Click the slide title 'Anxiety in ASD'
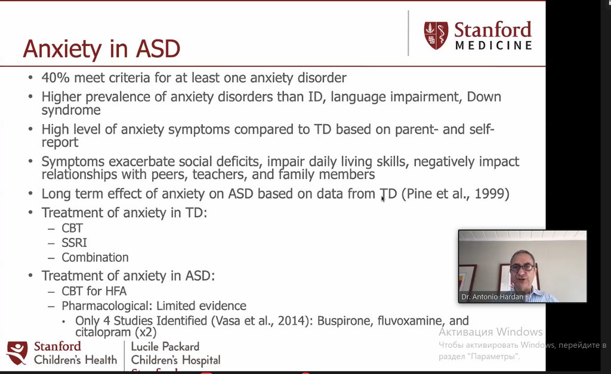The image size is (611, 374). pyautogui.click(x=101, y=49)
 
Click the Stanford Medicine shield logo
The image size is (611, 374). pyautogui.click(x=436, y=35)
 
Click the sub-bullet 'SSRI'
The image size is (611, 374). pyautogui.click(x=74, y=243)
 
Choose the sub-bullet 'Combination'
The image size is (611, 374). pyautogui.click(x=95, y=258)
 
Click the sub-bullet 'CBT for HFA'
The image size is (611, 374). pyautogui.click(x=94, y=291)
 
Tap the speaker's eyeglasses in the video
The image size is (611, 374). pyautogui.click(x=521, y=268)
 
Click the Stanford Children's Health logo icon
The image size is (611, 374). pyautogui.click(x=17, y=353)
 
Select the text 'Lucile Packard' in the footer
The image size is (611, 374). pyautogui.click(x=165, y=347)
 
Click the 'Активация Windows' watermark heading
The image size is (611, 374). pyautogui.click(x=490, y=332)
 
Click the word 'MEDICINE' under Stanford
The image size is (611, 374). pyautogui.click(x=493, y=45)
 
